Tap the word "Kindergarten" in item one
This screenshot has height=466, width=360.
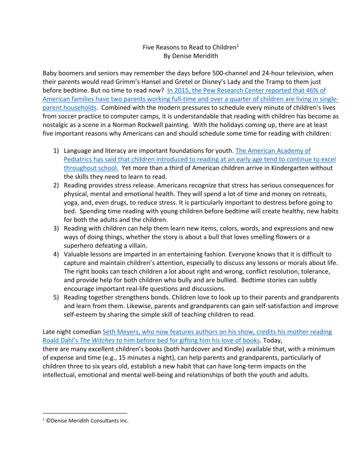[264, 167]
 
